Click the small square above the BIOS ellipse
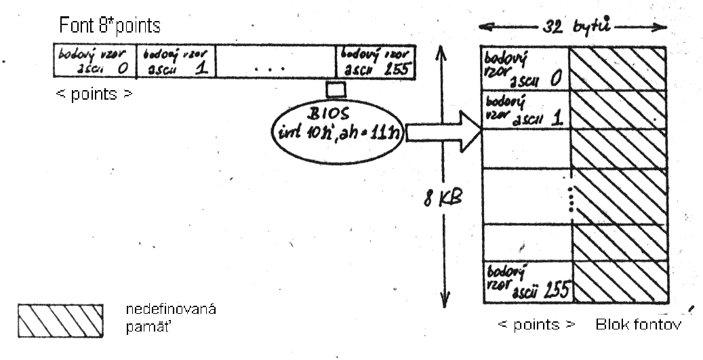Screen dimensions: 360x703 tap(336, 89)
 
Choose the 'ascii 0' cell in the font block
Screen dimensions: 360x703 tap(524, 70)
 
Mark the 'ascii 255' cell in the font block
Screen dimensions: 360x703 tap(524, 281)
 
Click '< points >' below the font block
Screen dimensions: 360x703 tap(536, 325)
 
